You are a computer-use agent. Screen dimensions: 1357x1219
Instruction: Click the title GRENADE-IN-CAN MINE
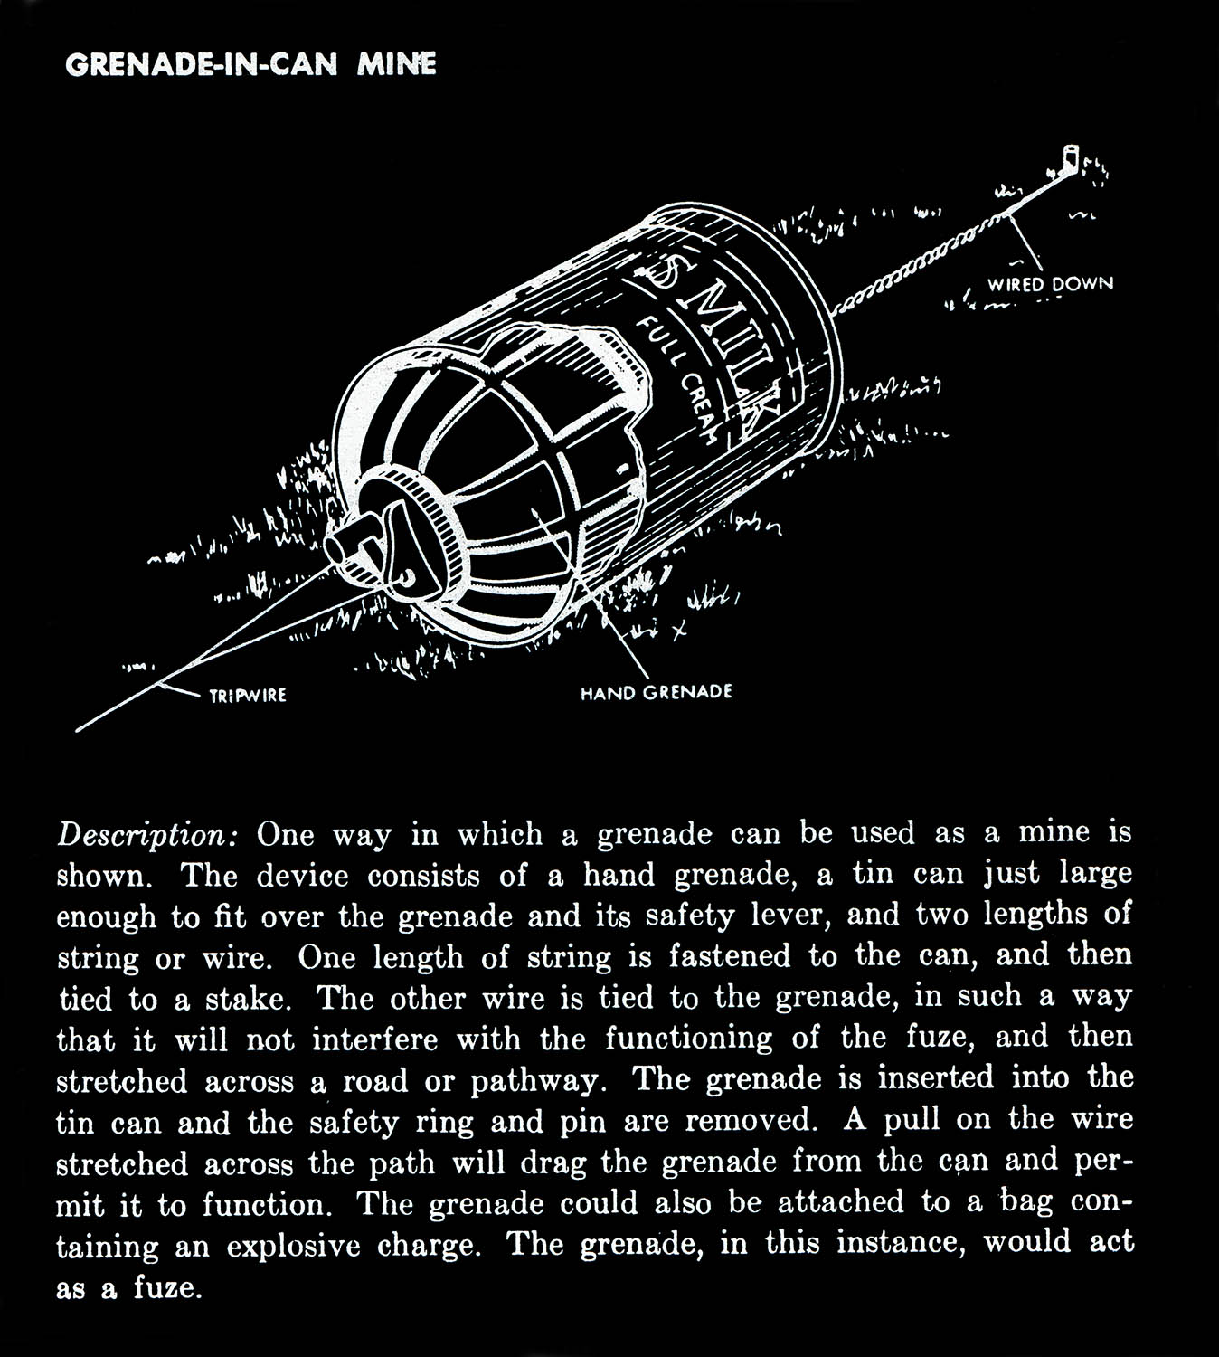(250, 65)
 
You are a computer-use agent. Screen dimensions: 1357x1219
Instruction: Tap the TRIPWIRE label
(248, 696)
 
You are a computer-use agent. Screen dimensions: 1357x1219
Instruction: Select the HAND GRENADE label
(656, 693)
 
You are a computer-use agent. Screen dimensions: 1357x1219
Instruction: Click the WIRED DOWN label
(1049, 284)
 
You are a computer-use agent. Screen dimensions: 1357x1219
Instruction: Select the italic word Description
(146, 834)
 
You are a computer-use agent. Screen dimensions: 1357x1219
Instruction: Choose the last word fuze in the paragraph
(165, 1287)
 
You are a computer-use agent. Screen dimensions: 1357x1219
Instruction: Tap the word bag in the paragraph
(1025, 1203)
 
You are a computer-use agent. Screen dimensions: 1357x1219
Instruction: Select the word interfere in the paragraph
(374, 1040)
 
